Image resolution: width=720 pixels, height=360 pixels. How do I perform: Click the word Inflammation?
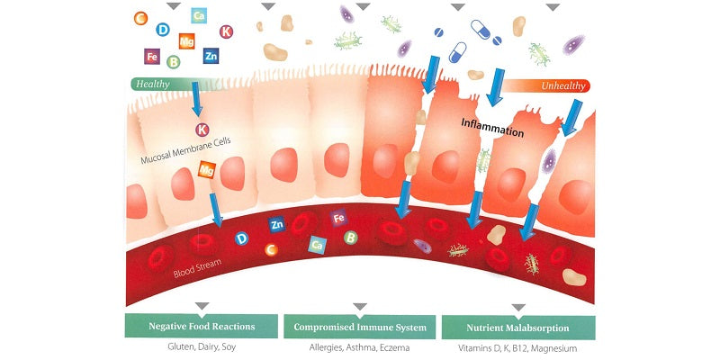click(x=492, y=130)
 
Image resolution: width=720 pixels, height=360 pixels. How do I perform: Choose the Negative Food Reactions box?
click(x=201, y=326)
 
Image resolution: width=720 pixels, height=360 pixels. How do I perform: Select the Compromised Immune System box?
click(x=360, y=326)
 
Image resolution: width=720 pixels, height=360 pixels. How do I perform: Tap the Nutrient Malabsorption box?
click(x=517, y=326)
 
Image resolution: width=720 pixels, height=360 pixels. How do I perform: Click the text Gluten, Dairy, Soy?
click(x=201, y=347)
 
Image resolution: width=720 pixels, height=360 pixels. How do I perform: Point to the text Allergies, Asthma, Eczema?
click(x=360, y=347)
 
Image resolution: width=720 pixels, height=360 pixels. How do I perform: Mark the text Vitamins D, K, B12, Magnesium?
click(x=517, y=347)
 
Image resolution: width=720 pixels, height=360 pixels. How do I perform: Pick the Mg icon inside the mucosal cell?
click(x=206, y=168)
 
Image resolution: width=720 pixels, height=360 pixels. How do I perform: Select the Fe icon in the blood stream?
click(x=339, y=219)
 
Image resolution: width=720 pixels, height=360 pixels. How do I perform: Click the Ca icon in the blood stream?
click(x=316, y=244)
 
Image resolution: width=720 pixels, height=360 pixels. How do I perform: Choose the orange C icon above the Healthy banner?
click(x=139, y=18)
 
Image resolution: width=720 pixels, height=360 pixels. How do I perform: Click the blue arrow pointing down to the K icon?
click(x=195, y=105)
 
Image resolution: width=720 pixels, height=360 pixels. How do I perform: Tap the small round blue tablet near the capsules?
click(x=439, y=32)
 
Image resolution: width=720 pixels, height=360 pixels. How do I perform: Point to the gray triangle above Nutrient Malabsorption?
click(x=517, y=307)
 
